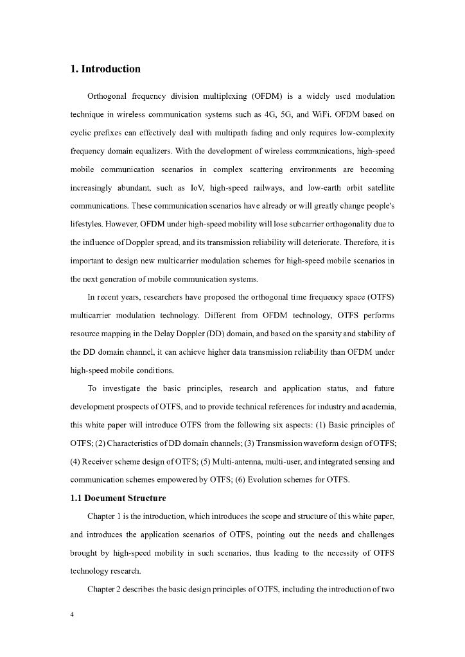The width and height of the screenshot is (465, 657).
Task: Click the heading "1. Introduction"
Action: (105, 69)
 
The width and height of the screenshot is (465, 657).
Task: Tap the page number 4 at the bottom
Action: (73, 615)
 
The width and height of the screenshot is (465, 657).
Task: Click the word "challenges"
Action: (373, 534)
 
